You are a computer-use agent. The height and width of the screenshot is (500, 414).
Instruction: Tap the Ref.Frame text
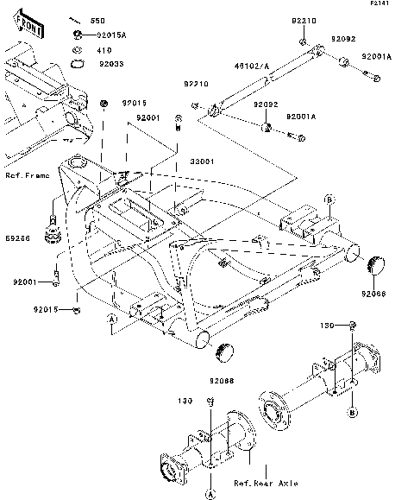(27, 174)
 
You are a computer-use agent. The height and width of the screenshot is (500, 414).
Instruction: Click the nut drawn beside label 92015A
(78, 35)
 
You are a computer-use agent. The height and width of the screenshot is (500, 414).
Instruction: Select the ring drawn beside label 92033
(78, 62)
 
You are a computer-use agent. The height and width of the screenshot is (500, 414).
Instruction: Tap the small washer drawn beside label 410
(78, 49)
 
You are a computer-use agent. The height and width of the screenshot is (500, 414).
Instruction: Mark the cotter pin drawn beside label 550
(77, 19)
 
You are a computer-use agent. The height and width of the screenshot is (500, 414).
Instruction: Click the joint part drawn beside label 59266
(54, 229)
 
